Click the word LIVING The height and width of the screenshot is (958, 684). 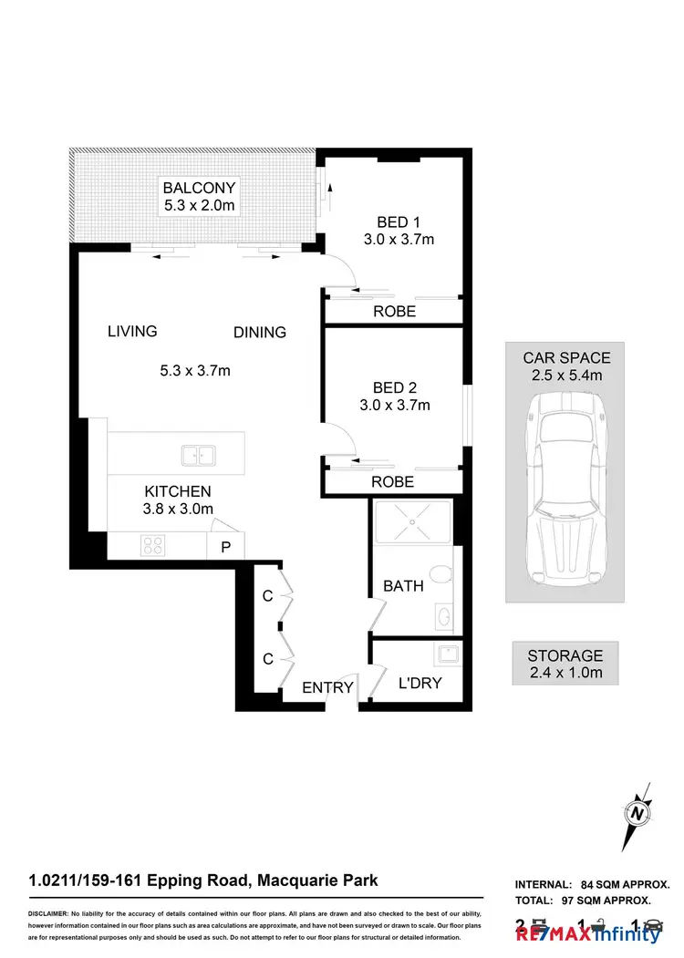pos(132,331)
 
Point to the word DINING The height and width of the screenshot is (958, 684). pos(260,332)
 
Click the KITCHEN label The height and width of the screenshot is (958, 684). pos(177,491)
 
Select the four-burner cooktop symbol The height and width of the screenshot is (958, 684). pos(151,546)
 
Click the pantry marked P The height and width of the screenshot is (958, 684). pos(225,547)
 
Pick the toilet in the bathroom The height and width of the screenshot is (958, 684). pos(441,574)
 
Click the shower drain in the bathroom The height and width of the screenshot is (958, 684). pos(412,522)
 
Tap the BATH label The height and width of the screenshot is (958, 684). pos(402,586)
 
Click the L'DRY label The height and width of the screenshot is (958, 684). pos(420,682)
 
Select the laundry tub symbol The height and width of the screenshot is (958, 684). pos(448,654)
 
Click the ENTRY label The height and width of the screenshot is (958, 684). pos(327,687)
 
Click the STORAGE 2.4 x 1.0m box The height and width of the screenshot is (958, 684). pos(565,664)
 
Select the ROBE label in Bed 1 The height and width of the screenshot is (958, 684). pos(394,311)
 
